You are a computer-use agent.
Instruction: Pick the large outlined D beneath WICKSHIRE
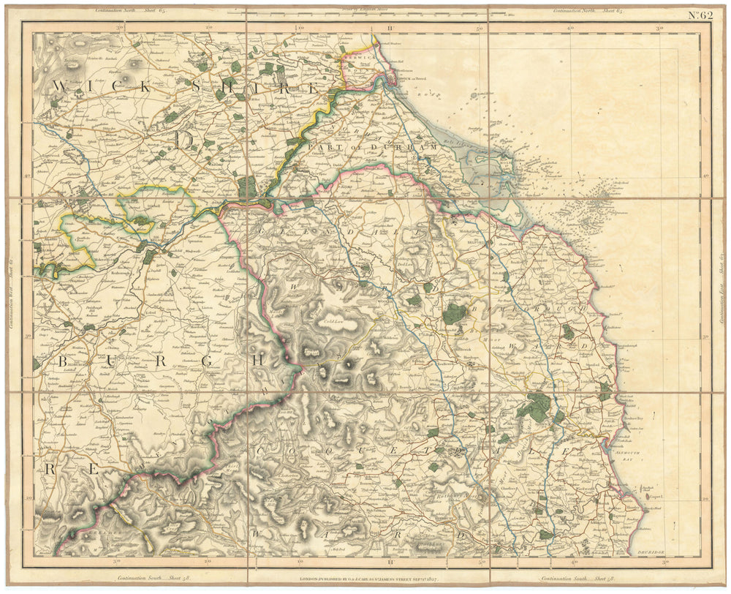[x=183, y=138]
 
